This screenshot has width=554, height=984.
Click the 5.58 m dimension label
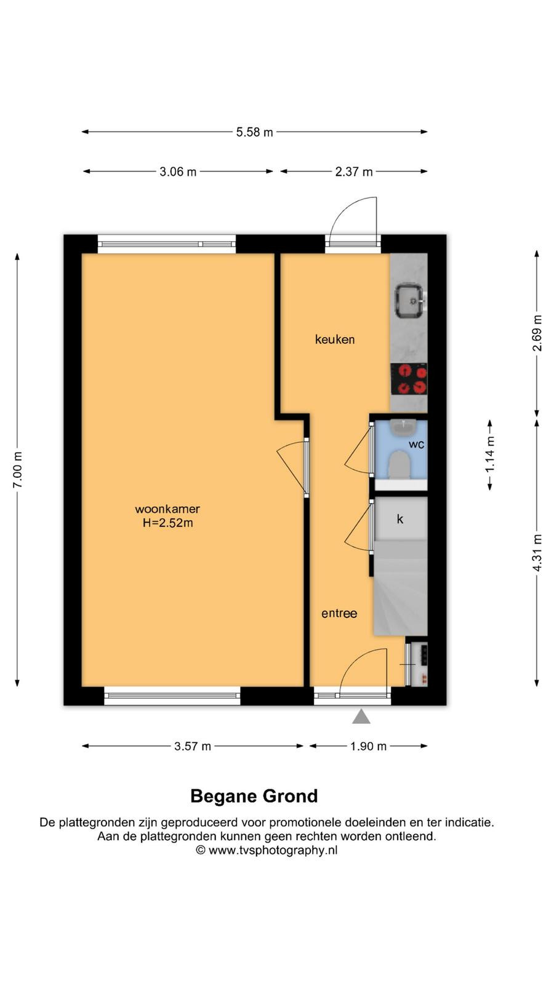tap(255, 132)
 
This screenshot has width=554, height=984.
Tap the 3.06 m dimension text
tap(178, 172)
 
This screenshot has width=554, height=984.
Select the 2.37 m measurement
tap(353, 172)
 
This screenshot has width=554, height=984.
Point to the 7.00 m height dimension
tap(18, 470)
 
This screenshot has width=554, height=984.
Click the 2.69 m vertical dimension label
tap(537, 333)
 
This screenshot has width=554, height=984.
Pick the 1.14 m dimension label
tap(490, 454)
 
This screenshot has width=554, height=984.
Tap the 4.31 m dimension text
tap(537, 553)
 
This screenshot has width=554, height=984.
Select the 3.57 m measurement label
tap(193, 746)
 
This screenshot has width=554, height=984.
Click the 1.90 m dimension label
tap(368, 746)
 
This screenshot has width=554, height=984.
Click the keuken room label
tap(335, 339)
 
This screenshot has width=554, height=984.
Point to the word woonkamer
tap(167, 509)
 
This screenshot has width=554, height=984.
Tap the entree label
tap(339, 613)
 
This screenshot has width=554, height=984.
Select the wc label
tap(416, 445)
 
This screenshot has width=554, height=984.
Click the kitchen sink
tap(409, 301)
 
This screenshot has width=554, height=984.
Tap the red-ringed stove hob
tap(409, 379)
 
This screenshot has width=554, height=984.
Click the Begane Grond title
tap(254, 796)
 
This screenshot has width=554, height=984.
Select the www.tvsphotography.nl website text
tap(273, 851)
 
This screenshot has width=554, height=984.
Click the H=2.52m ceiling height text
tap(167, 523)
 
